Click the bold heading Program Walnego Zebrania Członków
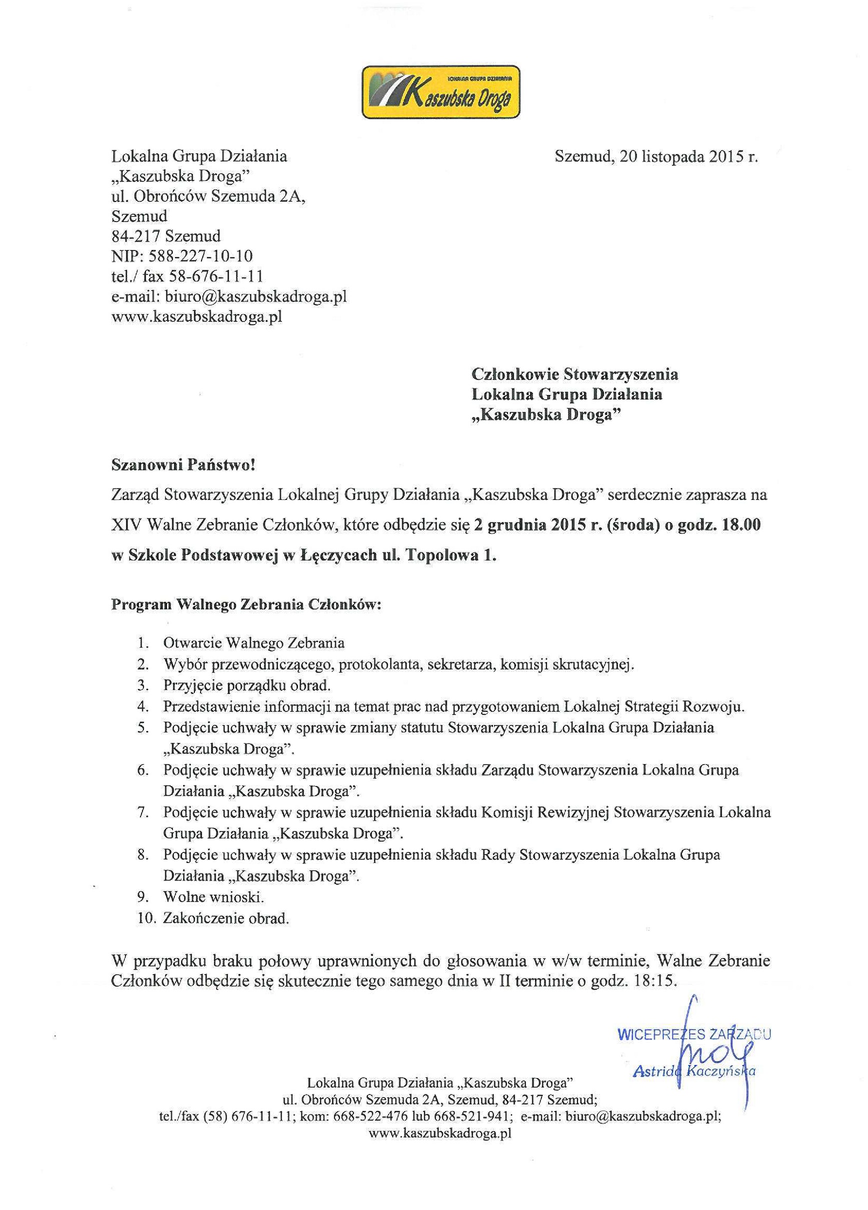pyautogui.click(x=246, y=605)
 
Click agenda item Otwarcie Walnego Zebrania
pyautogui.click(x=254, y=643)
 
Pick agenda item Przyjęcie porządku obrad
pyautogui.click(x=247, y=685)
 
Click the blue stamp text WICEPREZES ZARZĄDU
pyautogui.click(x=693, y=1035)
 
